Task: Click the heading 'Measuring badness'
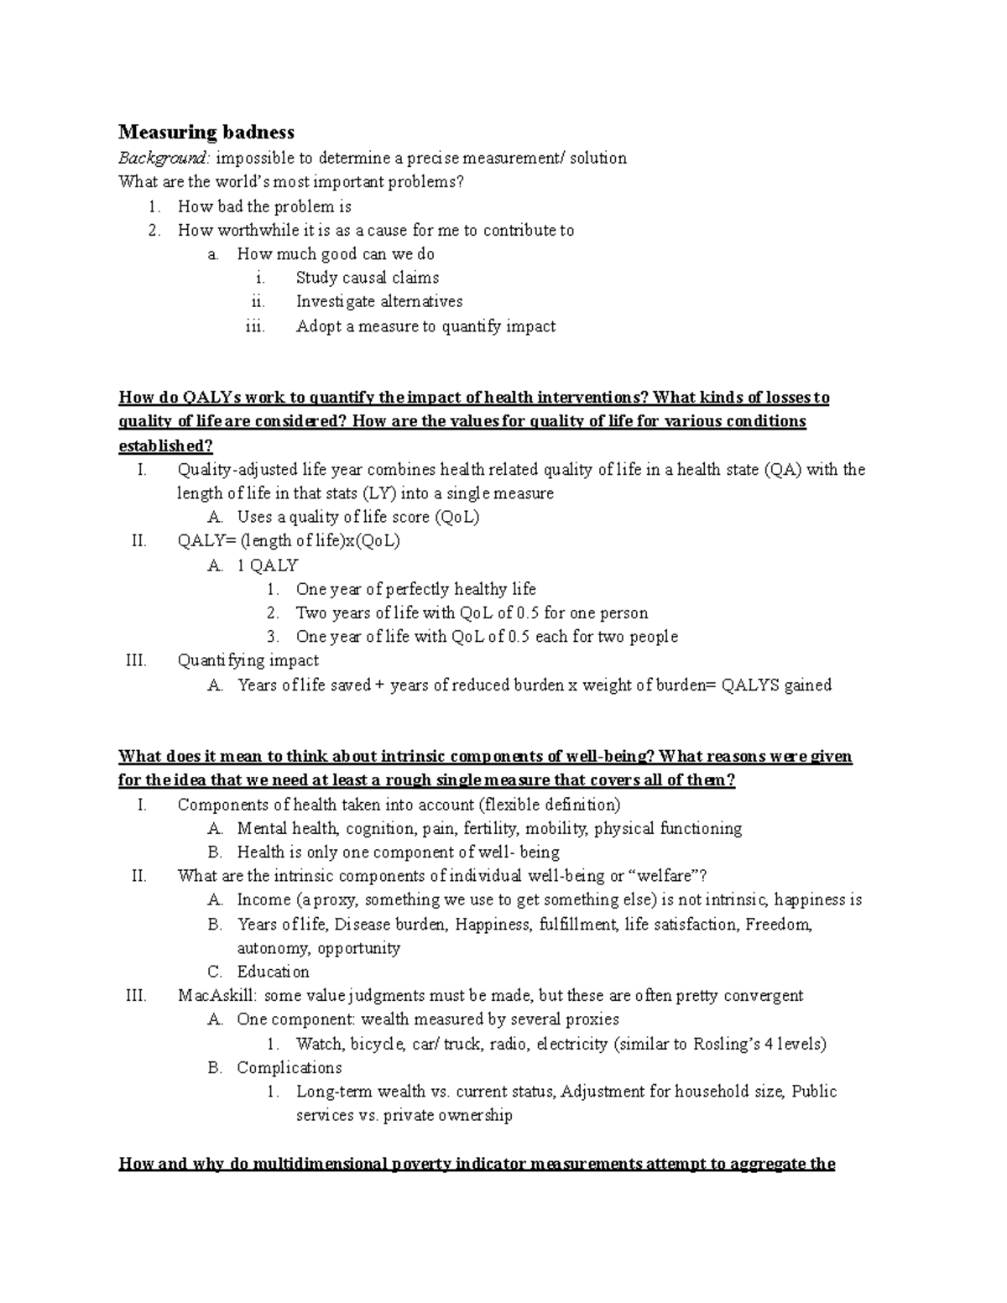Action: (x=206, y=133)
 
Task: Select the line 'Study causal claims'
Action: (x=367, y=278)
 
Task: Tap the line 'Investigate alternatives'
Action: (x=378, y=301)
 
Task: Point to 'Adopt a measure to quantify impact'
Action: (x=425, y=326)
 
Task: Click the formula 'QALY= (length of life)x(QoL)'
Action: (x=289, y=541)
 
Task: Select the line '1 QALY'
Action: (x=267, y=566)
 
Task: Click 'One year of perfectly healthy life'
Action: (x=415, y=589)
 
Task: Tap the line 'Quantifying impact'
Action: (x=248, y=660)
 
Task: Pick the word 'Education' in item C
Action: (x=273, y=972)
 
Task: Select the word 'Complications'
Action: (x=289, y=1068)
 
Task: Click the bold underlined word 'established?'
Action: (x=166, y=446)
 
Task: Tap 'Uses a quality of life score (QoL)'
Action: (x=357, y=518)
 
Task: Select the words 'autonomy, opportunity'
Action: (x=318, y=948)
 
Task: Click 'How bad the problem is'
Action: (x=264, y=206)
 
